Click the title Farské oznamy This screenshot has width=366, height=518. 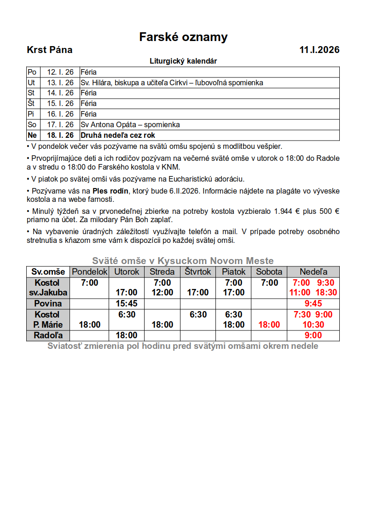point(183,37)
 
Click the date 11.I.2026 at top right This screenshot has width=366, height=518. point(319,50)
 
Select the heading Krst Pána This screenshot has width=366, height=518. point(50,50)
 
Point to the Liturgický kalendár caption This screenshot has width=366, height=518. point(183,61)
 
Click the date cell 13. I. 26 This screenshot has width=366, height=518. point(60,83)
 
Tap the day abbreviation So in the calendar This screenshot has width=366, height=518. point(32,125)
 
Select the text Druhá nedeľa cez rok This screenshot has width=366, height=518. point(118,135)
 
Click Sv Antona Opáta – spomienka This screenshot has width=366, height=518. point(130,125)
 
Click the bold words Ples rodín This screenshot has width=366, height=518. point(108,190)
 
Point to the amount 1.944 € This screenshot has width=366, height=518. point(285,212)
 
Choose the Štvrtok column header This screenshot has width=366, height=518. point(198,272)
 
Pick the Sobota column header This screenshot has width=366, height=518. point(269,272)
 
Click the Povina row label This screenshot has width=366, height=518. point(47,304)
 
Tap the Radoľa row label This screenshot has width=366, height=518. point(47,336)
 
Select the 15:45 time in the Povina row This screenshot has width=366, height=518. point(127,304)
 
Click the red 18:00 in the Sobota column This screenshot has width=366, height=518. point(269,325)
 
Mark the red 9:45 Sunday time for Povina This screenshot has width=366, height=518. point(313,304)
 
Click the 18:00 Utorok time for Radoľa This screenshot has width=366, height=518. point(127,336)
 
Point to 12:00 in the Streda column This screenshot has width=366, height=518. point(162,293)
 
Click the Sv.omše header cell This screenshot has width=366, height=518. point(48,272)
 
